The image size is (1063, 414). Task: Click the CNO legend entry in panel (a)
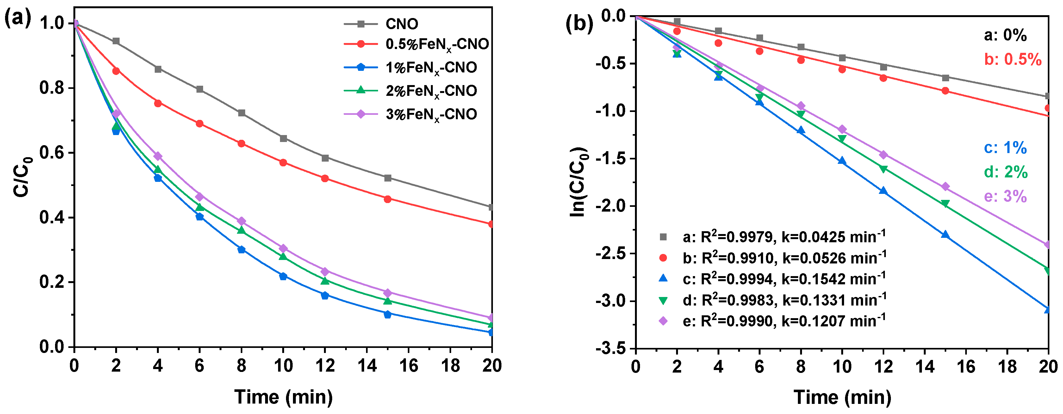tap(401, 24)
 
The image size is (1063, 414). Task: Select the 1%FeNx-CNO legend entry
tap(431, 68)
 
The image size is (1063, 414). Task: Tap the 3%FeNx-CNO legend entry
tap(431, 114)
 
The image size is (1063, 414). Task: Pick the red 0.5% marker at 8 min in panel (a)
tap(241, 144)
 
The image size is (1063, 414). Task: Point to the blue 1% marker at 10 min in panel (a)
tap(283, 276)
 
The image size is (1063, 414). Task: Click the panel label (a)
tap(17, 19)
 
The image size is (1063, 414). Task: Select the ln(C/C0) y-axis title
tap(579, 182)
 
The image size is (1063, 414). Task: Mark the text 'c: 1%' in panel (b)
tap(1005, 148)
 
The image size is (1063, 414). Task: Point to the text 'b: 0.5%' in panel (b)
tap(1013, 60)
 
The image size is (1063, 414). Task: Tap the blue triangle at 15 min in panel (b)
tap(945, 235)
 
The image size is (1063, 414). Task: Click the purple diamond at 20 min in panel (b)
tap(1047, 245)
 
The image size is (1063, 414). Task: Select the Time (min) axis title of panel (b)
tap(842, 398)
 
